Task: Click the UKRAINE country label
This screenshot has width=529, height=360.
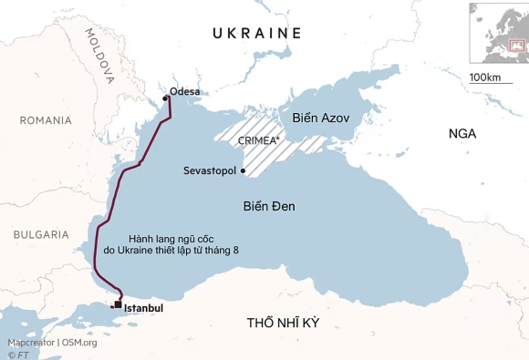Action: click(x=256, y=34)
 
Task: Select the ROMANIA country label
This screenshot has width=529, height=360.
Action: click(x=46, y=120)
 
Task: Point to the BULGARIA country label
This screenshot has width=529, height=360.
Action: click(x=41, y=234)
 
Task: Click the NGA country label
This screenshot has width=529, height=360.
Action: click(x=462, y=134)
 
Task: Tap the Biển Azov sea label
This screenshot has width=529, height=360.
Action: click(x=321, y=118)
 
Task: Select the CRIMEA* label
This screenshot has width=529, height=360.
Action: click(x=259, y=141)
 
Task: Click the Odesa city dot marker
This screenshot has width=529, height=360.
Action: click(x=165, y=98)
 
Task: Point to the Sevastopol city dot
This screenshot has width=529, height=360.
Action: click(x=244, y=170)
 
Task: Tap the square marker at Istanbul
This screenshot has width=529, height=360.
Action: click(x=118, y=305)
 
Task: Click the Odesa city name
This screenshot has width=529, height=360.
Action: click(x=185, y=91)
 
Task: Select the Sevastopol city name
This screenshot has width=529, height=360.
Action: click(x=210, y=170)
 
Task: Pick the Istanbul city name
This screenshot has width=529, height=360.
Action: click(x=143, y=308)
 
